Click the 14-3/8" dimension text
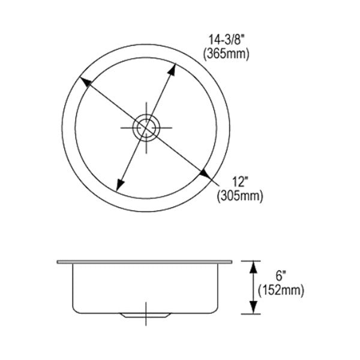coord(225,40)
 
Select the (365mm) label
coord(226,55)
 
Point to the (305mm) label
coord(240,197)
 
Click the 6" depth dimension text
coord(281,276)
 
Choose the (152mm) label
coord(281,290)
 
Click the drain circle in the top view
coord(146,128)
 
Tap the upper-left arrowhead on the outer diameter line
coord(85,82)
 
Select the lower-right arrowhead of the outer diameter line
coord(205,175)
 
